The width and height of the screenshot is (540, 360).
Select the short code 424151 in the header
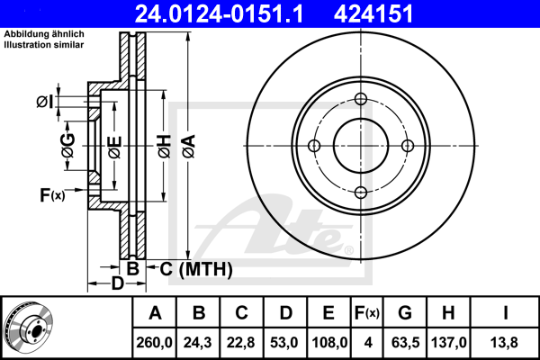click(x=400, y=13)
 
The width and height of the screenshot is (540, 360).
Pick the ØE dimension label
click(x=114, y=146)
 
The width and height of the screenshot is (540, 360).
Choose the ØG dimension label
click(x=68, y=146)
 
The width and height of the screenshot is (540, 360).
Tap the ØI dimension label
click(x=43, y=102)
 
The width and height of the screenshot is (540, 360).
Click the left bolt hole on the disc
click(x=314, y=146)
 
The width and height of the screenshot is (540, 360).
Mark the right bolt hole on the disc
click(x=407, y=146)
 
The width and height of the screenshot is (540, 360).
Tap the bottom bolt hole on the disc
click(x=361, y=192)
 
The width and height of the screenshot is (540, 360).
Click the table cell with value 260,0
click(x=155, y=341)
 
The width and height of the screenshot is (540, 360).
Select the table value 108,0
click(x=328, y=341)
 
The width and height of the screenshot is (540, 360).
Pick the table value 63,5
click(x=405, y=341)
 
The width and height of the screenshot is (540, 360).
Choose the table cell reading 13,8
click(x=507, y=341)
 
